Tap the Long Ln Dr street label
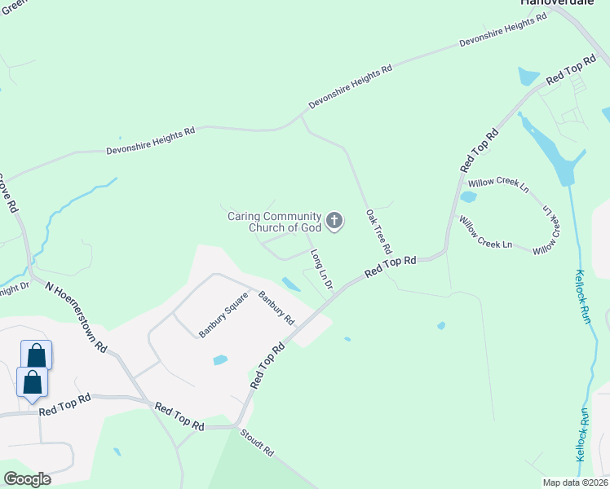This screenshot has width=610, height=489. pyautogui.click(x=321, y=270)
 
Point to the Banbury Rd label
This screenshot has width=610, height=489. pyautogui.click(x=276, y=308)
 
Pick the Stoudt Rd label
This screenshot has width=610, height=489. pyautogui.click(x=258, y=444)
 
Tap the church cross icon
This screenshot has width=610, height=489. pyautogui.click(x=334, y=220)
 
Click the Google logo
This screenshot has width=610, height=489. pyautogui.click(x=28, y=479)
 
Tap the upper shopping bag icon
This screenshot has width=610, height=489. pyautogui.click(x=36, y=355)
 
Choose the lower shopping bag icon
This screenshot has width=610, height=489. pyautogui.click(x=32, y=381)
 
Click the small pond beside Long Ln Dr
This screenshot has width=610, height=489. pyautogui.click(x=290, y=284)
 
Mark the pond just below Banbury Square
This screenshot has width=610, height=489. pyautogui.click(x=219, y=359)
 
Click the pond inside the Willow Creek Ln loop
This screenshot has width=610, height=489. pyautogui.click(x=468, y=196)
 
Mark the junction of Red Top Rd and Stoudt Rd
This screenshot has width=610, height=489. pyautogui.click(x=236, y=426)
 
